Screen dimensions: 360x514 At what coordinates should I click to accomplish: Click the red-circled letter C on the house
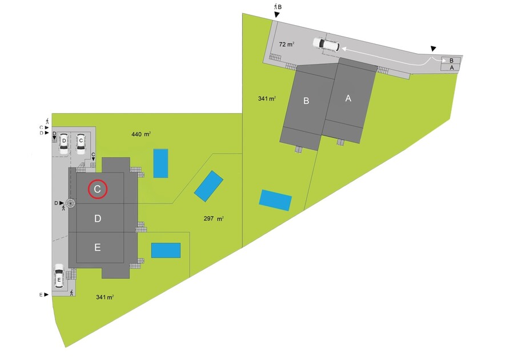pyautogui.click(x=98, y=189)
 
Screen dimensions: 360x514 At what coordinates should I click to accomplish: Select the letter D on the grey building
pyautogui.click(x=98, y=218)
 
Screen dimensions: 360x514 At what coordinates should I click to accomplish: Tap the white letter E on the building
pyautogui.click(x=98, y=247)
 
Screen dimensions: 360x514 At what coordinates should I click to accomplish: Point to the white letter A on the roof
pyautogui.click(x=348, y=98)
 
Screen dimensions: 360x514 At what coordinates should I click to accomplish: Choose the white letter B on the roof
pyautogui.click(x=306, y=101)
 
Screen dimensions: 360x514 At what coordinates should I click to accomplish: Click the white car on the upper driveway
pyautogui.click(x=326, y=44)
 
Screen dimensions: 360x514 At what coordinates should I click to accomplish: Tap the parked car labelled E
pyautogui.click(x=59, y=278)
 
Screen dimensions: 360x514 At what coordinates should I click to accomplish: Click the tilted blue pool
pyautogui.click(x=208, y=186)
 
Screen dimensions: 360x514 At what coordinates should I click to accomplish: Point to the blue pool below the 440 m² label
pyautogui.click(x=160, y=163)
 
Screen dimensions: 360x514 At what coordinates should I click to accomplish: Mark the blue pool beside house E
pyautogui.click(x=166, y=250)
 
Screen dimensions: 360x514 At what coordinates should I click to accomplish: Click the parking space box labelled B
pyautogui.click(x=452, y=60)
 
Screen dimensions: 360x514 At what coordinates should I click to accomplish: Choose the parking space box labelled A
pyautogui.click(x=452, y=67)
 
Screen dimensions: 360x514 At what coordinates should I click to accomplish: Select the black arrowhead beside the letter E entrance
pyautogui.click(x=47, y=294)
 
